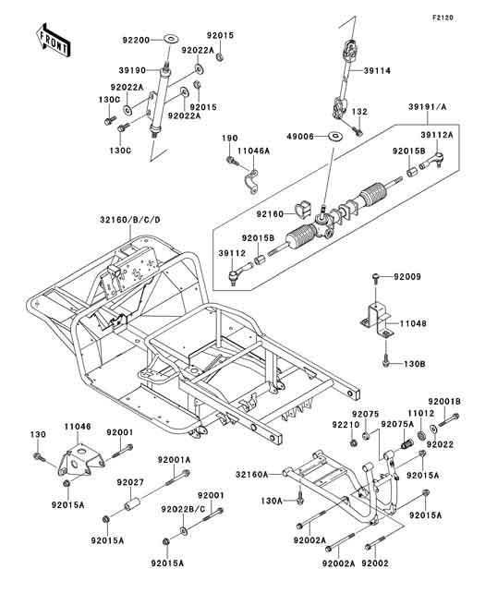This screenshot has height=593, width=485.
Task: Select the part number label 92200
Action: [x=136, y=40]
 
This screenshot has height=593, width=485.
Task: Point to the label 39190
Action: [x=136, y=69]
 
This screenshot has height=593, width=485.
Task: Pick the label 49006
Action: [x=307, y=137]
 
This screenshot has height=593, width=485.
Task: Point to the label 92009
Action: [x=406, y=276]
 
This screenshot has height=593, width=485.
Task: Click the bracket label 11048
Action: [x=414, y=325]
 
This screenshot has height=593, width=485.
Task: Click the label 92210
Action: [x=338, y=425]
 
